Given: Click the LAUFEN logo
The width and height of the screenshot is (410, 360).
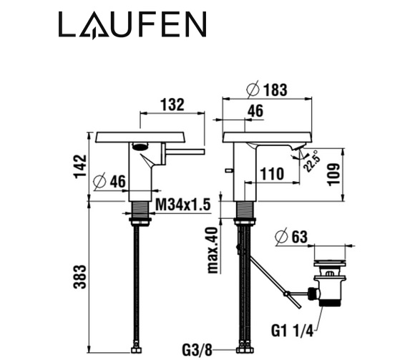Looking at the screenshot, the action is tap(132, 24).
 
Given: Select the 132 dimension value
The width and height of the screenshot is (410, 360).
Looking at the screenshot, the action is tap(172, 105).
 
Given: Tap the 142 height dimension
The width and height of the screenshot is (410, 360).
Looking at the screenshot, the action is tap(81, 166).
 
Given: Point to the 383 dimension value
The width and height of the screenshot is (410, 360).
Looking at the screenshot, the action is tap(80, 277).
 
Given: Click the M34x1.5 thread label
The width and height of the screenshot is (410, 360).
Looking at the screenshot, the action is tap(183, 204).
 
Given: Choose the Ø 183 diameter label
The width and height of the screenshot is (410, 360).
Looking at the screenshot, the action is tap(267, 89).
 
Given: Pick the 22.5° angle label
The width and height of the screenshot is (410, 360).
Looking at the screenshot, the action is tap(312, 162).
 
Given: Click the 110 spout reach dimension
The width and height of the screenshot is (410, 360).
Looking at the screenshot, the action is tap(272, 174).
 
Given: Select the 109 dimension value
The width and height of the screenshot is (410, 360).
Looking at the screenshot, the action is tap(334, 175).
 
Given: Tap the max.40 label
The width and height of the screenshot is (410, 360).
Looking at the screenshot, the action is tap(213, 250).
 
